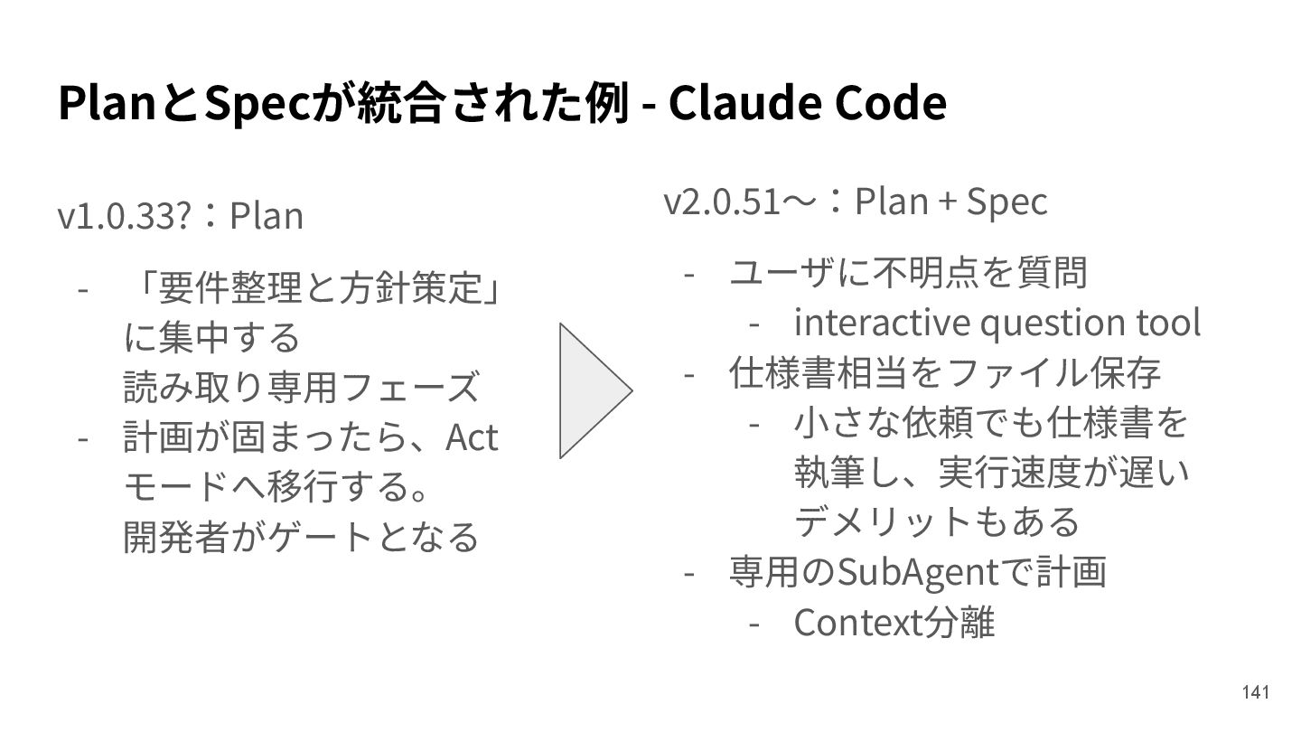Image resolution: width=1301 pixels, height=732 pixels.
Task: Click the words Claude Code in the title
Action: [x=807, y=104]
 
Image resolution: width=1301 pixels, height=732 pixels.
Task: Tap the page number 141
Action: [x=1256, y=692]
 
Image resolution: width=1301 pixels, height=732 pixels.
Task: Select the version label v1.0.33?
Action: [x=123, y=217]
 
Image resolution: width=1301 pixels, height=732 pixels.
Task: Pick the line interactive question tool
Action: [x=997, y=322]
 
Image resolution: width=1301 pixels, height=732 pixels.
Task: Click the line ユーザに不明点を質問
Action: [x=908, y=272]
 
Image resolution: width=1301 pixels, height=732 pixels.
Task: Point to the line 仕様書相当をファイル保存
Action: [x=944, y=371]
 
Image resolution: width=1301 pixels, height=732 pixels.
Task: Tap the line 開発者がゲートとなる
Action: [x=300, y=538]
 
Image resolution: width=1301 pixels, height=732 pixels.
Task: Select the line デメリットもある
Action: [x=937, y=521]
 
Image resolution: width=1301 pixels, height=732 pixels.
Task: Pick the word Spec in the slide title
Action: [x=257, y=104]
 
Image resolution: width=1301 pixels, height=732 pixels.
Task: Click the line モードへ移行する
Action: [x=276, y=488]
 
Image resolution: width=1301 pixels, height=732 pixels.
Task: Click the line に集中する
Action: [x=212, y=339]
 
